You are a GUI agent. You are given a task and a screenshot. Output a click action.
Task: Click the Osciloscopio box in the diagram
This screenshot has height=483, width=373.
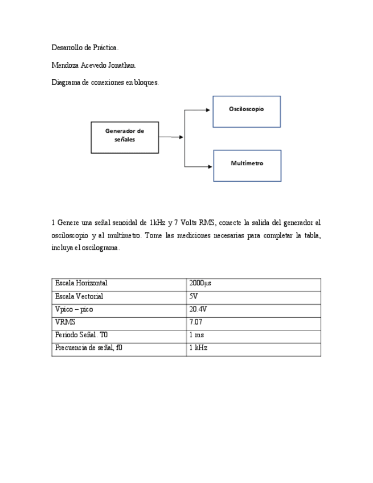click(x=247, y=111)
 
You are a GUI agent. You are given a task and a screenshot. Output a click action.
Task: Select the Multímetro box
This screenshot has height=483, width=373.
click(x=247, y=165)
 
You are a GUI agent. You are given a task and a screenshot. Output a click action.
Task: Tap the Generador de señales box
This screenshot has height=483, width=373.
click(x=125, y=137)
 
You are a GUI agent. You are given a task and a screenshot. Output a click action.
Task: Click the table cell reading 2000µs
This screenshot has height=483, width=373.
click(x=200, y=283)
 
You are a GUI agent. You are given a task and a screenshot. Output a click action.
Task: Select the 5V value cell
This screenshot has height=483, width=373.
click(x=194, y=296)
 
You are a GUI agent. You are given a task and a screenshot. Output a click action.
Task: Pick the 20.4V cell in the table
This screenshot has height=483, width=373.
click(x=198, y=309)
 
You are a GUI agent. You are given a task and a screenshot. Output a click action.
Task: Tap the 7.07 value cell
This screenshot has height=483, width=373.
click(x=196, y=322)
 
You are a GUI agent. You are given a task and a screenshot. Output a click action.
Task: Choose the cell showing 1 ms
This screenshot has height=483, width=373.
click(x=196, y=335)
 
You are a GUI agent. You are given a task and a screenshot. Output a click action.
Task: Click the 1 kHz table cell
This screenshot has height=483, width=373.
click(x=198, y=347)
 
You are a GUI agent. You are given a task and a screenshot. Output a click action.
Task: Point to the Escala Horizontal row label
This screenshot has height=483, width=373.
click(x=81, y=283)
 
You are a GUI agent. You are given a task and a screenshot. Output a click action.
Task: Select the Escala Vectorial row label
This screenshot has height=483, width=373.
click(x=79, y=296)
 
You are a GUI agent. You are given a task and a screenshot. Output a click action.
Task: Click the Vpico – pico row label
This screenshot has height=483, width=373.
click(x=74, y=309)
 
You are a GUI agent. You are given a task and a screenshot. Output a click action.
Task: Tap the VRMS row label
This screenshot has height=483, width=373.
click(x=65, y=322)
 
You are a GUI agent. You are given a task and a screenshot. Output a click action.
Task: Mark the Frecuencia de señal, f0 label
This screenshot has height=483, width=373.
click(x=88, y=347)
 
